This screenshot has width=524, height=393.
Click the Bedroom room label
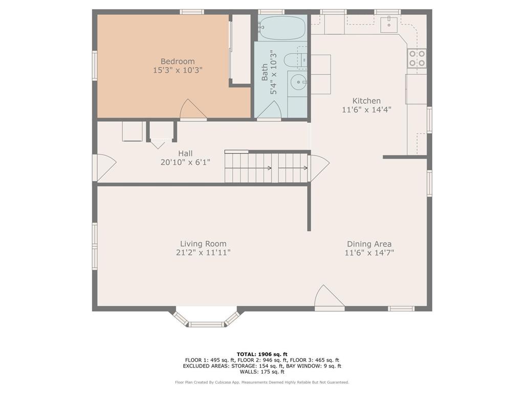tap(178, 61)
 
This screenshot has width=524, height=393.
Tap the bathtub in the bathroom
tap(282, 27)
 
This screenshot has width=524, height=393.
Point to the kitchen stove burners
tap(417, 58)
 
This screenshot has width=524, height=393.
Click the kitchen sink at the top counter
tap(391, 22)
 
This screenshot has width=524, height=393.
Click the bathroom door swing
tap(269, 111)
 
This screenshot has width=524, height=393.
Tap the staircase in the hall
tap(266, 168)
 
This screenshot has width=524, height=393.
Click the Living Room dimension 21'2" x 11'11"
tap(203, 252)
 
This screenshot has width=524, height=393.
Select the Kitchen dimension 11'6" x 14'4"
tap(366, 110)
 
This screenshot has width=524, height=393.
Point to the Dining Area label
tap(369, 244)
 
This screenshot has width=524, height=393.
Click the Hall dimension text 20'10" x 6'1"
tap(185, 162)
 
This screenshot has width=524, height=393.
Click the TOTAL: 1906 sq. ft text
tap(262, 354)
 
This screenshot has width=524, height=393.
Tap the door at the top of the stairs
tap(319, 168)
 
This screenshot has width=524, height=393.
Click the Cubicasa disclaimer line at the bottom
tap(262, 382)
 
